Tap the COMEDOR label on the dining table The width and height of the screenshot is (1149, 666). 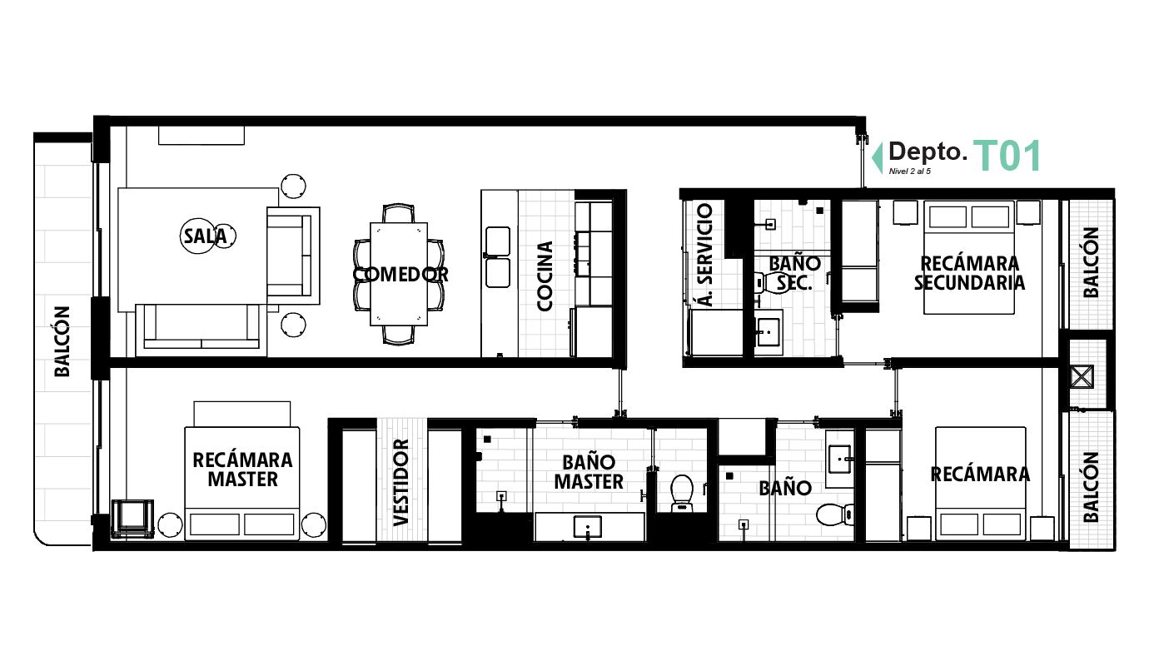pyautogui.click(x=400, y=274)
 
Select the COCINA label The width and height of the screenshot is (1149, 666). pyautogui.click(x=545, y=276)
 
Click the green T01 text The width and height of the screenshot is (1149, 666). pyautogui.click(x=1007, y=157)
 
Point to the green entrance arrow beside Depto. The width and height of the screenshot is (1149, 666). pyautogui.click(x=877, y=157)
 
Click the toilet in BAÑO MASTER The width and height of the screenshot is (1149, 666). pyautogui.click(x=682, y=492)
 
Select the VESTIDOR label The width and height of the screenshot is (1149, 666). pyautogui.click(x=401, y=482)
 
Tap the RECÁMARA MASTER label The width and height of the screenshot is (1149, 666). pyautogui.click(x=242, y=470)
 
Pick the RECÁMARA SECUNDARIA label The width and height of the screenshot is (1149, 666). pyautogui.click(x=969, y=273)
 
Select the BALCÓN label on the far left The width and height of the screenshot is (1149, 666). pyautogui.click(x=62, y=341)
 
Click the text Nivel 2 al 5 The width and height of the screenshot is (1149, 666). pyautogui.click(x=909, y=171)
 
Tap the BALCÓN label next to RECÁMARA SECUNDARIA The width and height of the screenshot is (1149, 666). pyautogui.click(x=1091, y=262)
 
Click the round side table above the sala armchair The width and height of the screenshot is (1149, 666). pyautogui.click(x=293, y=185)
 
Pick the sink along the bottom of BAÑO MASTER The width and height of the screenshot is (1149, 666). pyautogui.click(x=589, y=527)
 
